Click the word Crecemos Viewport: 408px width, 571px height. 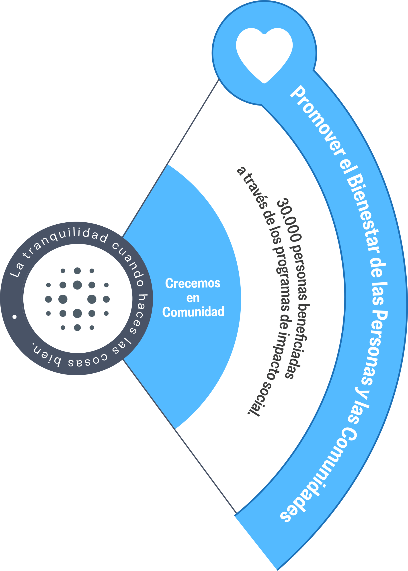pyautogui.click(x=193, y=283)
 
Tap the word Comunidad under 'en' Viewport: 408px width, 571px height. pyautogui.click(x=193, y=312)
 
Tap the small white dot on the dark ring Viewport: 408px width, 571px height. pyautogui.click(x=14, y=317)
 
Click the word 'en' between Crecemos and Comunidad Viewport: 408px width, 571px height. pyautogui.click(x=193, y=298)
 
